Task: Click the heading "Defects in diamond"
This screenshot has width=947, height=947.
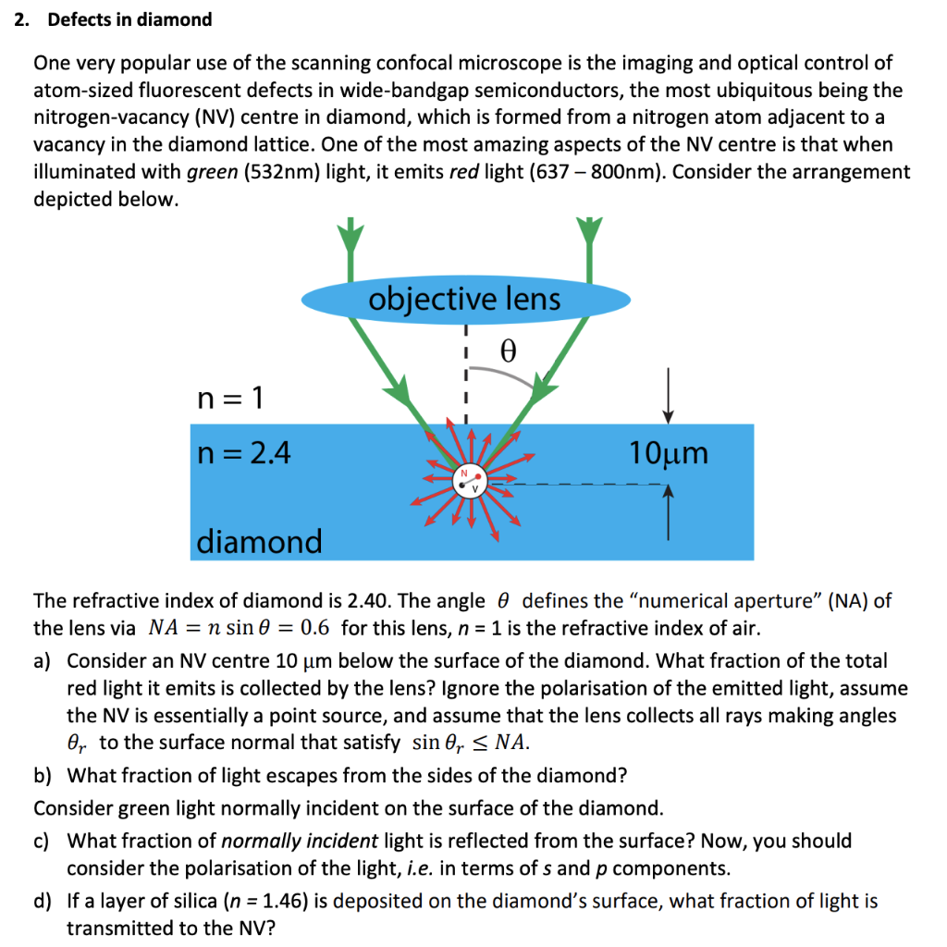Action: (x=129, y=19)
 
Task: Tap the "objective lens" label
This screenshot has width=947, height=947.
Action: (x=464, y=299)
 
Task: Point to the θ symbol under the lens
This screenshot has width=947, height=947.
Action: (x=506, y=351)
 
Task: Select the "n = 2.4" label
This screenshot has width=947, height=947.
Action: (x=244, y=452)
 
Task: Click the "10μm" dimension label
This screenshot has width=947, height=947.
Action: (x=669, y=453)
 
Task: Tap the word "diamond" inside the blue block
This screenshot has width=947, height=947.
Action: (x=259, y=541)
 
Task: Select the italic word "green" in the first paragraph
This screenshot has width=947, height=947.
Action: (x=212, y=172)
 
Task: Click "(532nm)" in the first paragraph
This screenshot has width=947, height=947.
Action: (x=287, y=172)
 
